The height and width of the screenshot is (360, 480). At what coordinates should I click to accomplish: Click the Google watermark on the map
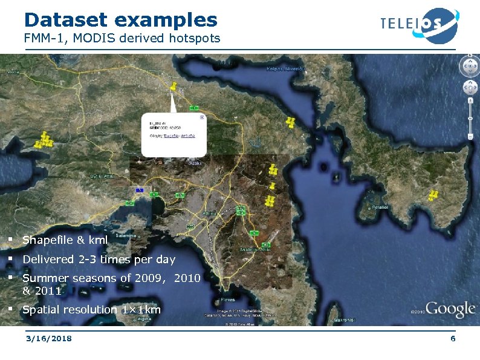point(450,310)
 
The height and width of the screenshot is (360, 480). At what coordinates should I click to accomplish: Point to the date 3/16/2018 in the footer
point(48,338)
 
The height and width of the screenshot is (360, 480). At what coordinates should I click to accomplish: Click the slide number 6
point(453,338)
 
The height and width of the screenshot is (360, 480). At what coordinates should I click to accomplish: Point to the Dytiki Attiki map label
point(102,176)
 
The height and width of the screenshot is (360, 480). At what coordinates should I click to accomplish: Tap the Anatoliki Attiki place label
point(258,249)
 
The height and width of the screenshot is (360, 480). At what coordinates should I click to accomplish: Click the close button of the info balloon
point(202,117)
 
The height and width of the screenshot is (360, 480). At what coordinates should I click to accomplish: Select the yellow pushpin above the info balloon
point(174,87)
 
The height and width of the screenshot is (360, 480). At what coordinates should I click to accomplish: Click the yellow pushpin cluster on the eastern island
point(433,195)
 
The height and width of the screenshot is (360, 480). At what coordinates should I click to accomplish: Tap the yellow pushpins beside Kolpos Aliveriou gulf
point(291,122)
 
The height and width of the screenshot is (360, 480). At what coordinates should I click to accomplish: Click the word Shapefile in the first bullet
point(48,240)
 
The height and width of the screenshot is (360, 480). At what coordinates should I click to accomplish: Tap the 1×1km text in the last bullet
point(141,310)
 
